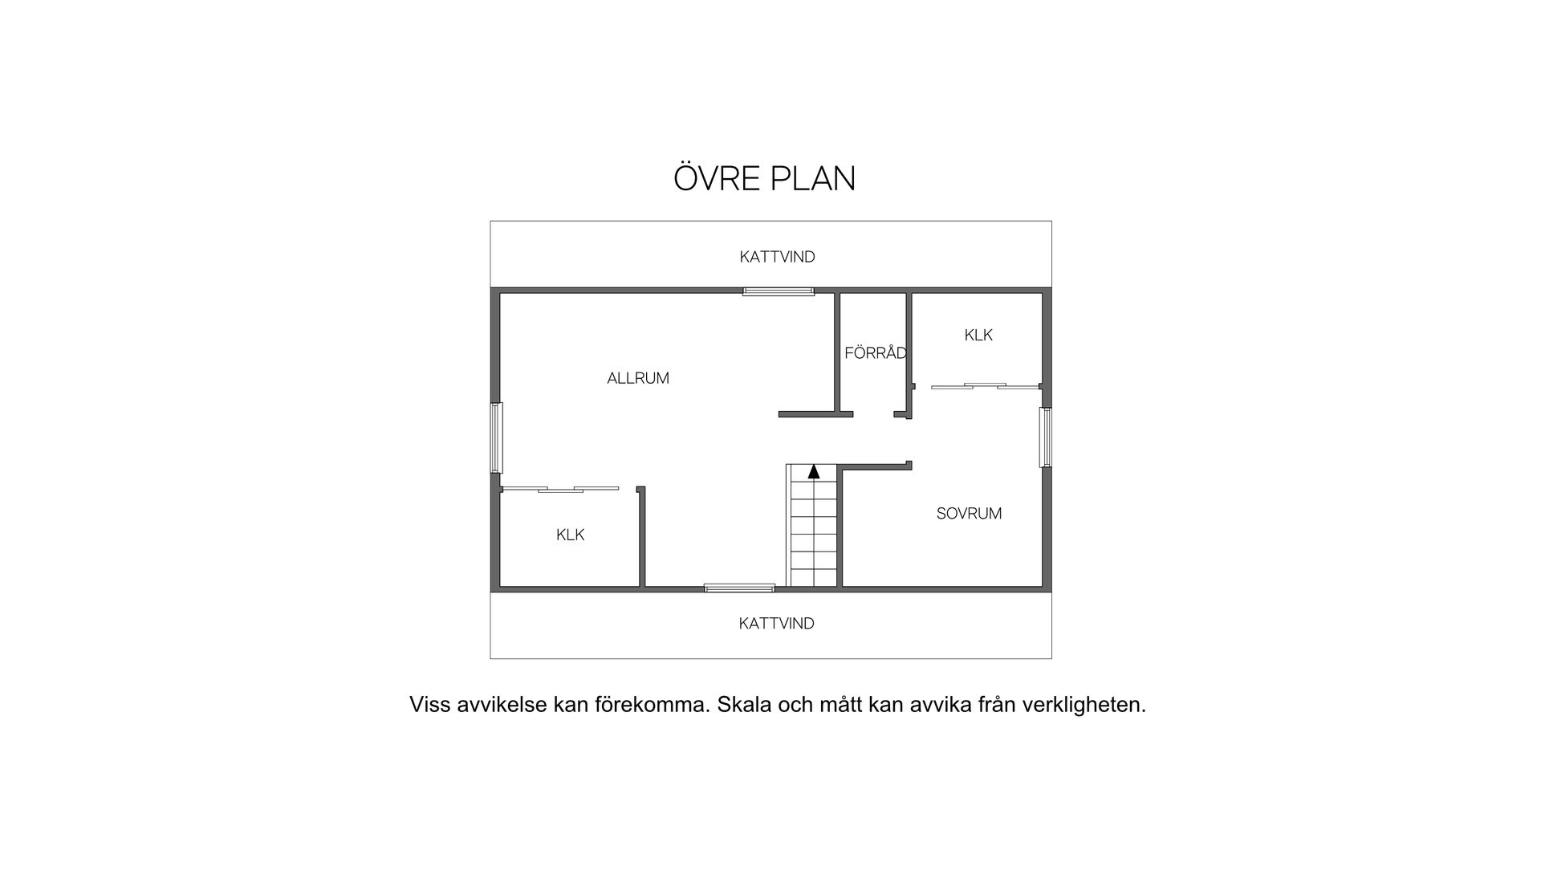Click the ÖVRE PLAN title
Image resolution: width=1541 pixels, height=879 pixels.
click(x=764, y=178)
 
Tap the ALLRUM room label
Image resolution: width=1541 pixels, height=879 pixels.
click(x=638, y=378)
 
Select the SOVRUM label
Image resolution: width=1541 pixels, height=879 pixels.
click(x=969, y=514)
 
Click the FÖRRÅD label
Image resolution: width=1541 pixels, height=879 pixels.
click(x=875, y=353)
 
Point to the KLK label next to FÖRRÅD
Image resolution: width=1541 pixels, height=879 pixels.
click(x=978, y=336)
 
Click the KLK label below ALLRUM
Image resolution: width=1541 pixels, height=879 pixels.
click(x=570, y=535)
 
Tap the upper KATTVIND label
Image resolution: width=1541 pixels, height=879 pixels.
click(x=777, y=257)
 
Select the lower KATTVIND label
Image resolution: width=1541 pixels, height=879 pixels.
click(x=776, y=624)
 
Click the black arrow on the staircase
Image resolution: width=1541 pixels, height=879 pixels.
click(x=814, y=471)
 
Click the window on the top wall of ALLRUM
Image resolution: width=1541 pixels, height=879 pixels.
click(x=778, y=291)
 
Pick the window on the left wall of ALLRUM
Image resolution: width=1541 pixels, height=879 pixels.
click(x=497, y=437)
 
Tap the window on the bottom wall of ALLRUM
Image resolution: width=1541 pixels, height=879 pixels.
click(x=739, y=588)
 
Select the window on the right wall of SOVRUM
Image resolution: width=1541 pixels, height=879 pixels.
click(x=1045, y=437)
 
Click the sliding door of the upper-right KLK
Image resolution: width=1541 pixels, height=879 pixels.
click(x=985, y=387)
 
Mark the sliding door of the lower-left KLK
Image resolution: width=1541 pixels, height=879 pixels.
click(x=560, y=489)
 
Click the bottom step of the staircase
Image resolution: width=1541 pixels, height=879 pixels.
click(x=814, y=577)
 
